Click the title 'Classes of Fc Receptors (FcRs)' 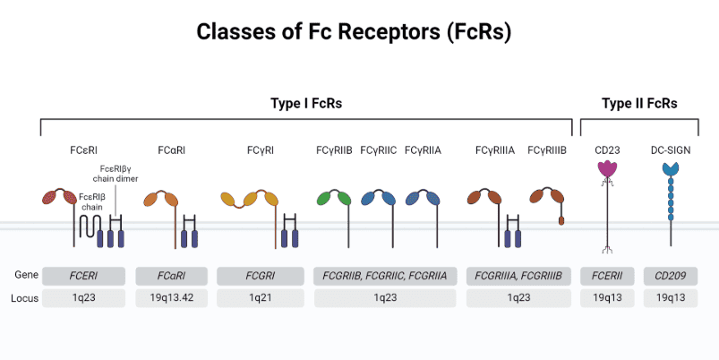point(359,32)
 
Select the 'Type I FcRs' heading point(306,104)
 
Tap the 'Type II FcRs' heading point(639,104)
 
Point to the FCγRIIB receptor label point(334,150)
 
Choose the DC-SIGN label point(671,150)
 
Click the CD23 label point(607,150)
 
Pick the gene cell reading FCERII point(607,275)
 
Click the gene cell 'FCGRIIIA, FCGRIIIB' point(519,275)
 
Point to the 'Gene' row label point(26,275)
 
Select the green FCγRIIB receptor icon point(333,198)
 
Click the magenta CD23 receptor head point(608,169)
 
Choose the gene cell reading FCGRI point(260,275)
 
